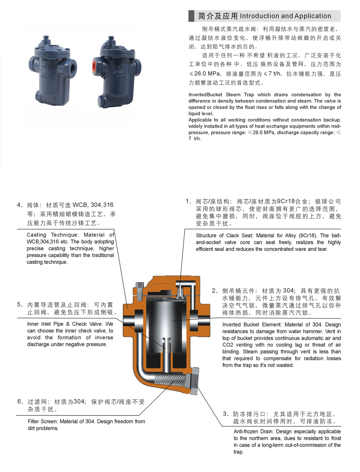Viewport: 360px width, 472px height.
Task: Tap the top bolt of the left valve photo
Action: (x=46, y=38)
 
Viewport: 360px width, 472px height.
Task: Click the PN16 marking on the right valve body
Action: (x=121, y=77)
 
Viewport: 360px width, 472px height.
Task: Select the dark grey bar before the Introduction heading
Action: (x=191, y=16)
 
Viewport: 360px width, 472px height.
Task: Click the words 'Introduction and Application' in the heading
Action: (x=285, y=16)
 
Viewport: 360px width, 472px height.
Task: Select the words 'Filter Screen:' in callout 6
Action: (x=43, y=421)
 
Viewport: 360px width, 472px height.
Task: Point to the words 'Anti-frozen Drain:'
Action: (x=254, y=432)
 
